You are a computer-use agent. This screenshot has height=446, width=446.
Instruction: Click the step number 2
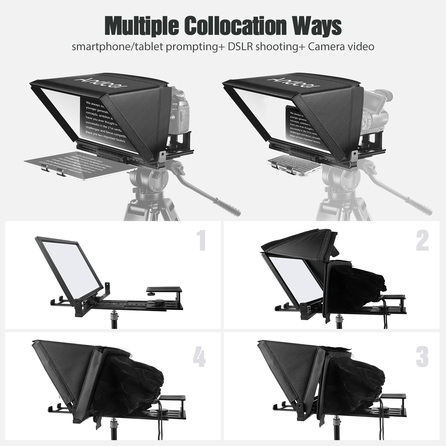click(422, 240)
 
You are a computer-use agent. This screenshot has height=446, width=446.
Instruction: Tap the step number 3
click(422, 357)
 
